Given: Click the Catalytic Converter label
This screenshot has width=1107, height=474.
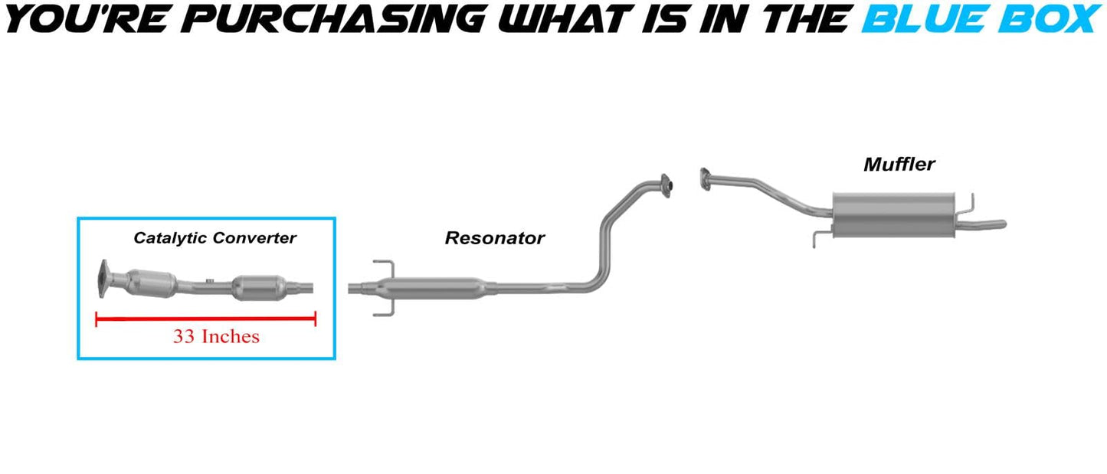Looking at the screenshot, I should point(215,238).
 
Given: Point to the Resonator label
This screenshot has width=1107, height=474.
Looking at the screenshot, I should point(494,238).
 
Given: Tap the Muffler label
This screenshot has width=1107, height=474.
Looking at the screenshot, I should point(899,164).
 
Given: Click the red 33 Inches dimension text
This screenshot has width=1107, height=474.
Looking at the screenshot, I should point(216,336).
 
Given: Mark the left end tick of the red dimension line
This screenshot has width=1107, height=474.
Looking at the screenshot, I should point(97,319).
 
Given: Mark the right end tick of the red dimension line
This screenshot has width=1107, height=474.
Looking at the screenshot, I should point(316,319).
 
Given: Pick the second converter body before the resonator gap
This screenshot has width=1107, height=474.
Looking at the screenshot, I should point(257,288).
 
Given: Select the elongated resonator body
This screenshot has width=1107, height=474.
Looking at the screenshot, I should point(433,288).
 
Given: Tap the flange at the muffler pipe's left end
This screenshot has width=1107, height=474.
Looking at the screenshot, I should point(704,179).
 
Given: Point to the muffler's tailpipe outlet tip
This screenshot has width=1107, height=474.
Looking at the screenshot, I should point(1000,224).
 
